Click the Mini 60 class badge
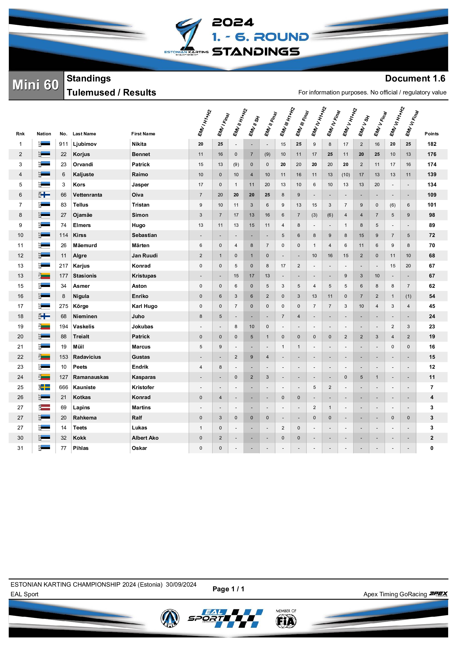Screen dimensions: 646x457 [x=36, y=85]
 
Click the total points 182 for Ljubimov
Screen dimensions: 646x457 [x=431, y=144]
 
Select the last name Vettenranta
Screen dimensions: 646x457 [x=87, y=195]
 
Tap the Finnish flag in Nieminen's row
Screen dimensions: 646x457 [x=45, y=316]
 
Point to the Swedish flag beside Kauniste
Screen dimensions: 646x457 [x=45, y=387]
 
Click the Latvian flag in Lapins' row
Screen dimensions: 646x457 [x=45, y=407]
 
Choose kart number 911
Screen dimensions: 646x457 [x=63, y=144]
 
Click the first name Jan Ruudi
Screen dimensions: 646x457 [x=144, y=255]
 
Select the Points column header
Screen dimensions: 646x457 [x=431, y=134]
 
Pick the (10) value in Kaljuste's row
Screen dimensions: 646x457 [x=346, y=175]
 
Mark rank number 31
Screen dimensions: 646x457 [x=20, y=448]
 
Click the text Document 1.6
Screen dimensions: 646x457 [x=415, y=78]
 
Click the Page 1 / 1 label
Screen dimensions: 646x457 [x=228, y=589]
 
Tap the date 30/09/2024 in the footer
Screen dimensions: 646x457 [x=181, y=584]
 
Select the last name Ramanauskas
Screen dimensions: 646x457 [x=91, y=377]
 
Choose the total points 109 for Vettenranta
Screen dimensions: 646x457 [x=431, y=195]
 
